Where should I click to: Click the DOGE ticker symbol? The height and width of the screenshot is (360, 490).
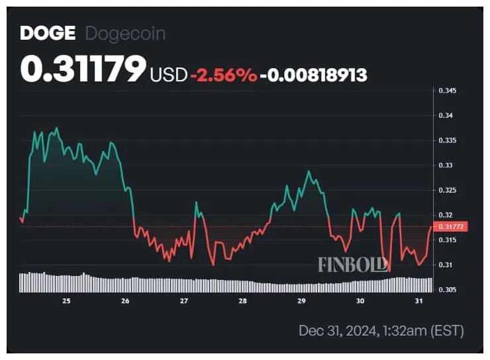coord(44,33)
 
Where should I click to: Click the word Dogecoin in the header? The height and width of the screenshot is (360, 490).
coord(125,33)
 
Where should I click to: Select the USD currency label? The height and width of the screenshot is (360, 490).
coord(169,75)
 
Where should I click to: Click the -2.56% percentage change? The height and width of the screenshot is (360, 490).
coord(224,75)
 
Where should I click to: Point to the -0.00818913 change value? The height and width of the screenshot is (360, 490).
coord(313,75)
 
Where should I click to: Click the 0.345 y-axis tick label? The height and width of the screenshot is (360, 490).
coord(448,90)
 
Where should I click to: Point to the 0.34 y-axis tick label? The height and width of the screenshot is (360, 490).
coord(446,115)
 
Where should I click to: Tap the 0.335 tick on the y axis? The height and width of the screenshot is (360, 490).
coord(448,140)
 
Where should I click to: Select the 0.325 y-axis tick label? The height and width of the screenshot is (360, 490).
coord(448,190)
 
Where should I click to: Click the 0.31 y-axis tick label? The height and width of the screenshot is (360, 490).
coord(446,265)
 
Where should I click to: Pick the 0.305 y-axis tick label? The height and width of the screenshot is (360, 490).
coord(448,289)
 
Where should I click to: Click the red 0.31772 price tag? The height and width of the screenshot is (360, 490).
coord(453,226)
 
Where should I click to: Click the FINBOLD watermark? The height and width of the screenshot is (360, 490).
coord(352,264)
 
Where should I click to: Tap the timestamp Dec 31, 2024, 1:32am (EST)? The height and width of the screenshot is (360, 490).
coord(381,330)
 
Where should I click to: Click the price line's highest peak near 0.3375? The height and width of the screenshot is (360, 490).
coord(57,128)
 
